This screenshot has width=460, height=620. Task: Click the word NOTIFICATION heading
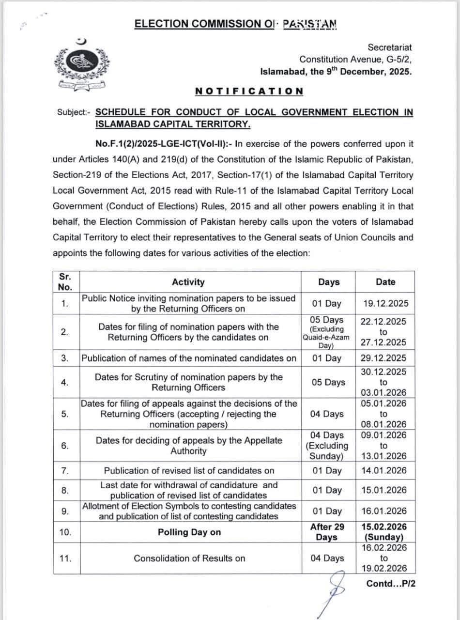[249, 91]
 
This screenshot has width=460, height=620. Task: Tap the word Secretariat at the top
[390, 47]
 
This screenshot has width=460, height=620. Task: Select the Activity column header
[188, 282]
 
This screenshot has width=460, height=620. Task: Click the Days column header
[329, 282]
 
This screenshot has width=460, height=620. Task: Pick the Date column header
[385, 282]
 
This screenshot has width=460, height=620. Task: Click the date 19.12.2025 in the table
[385, 304]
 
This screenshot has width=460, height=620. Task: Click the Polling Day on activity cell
[189, 532]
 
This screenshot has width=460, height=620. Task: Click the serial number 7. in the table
[65, 470]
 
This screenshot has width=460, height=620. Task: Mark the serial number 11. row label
[65, 558]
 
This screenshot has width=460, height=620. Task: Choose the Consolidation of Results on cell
[189, 558]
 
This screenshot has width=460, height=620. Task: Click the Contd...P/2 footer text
[391, 583]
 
